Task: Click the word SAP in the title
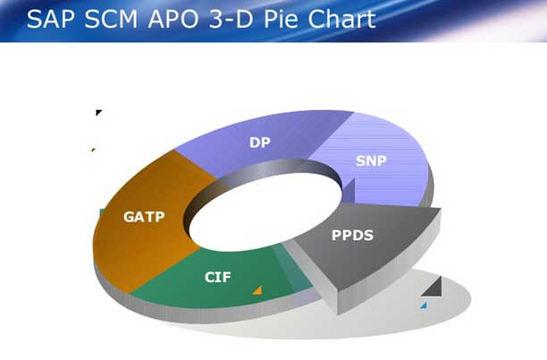point(50,19)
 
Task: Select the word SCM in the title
point(112,19)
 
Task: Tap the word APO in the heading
point(173,19)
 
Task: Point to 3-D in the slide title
point(231,19)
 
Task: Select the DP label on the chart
point(260,143)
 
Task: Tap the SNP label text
point(371,161)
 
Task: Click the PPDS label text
point(352,235)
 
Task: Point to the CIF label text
point(218,277)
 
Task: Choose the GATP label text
point(144,217)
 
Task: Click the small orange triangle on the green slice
point(257,291)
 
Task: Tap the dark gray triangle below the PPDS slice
point(433,287)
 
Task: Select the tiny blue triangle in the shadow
point(424,306)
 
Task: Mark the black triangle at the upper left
point(98,113)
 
